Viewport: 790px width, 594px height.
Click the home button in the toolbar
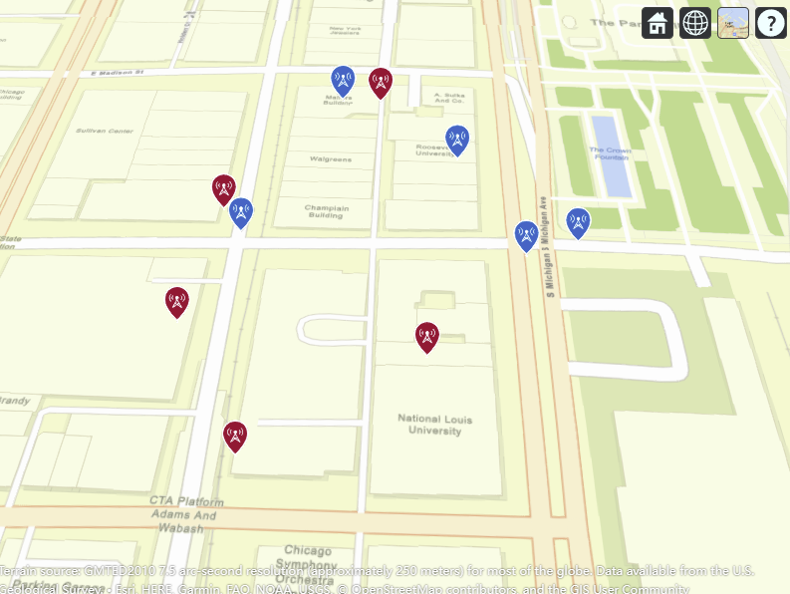click(658, 23)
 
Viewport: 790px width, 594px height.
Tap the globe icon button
click(695, 23)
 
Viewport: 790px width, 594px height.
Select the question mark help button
click(771, 23)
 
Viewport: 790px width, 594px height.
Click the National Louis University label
click(434, 425)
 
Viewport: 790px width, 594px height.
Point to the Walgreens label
click(330, 159)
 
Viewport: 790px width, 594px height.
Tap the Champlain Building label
click(326, 211)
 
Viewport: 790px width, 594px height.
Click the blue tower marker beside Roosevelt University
click(457, 140)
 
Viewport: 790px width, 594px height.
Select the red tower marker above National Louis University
click(426, 337)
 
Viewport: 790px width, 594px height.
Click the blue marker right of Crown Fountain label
click(578, 222)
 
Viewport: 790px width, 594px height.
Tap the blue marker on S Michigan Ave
click(526, 235)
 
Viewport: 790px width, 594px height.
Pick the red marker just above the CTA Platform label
click(235, 436)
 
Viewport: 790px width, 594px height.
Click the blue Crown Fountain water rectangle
click(612, 155)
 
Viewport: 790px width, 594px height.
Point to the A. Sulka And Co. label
click(449, 98)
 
